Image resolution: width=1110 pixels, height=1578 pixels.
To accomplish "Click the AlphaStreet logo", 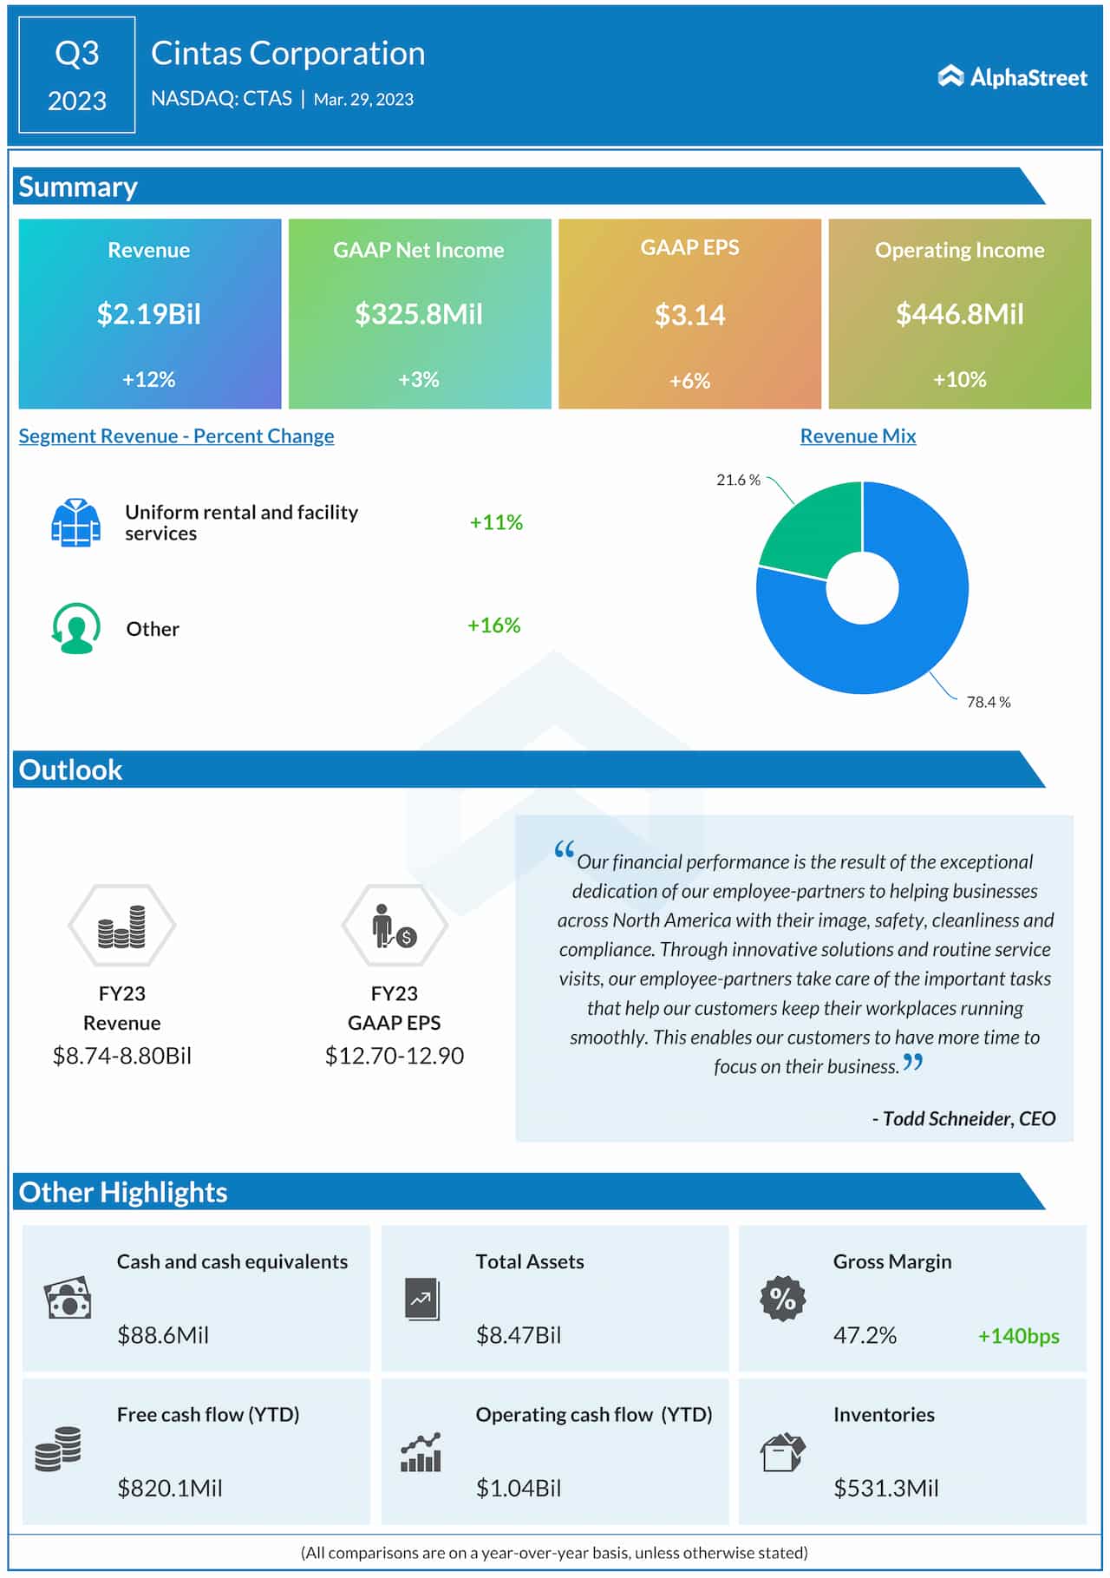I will (1012, 77).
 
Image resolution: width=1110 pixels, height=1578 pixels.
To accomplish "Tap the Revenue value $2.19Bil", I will (148, 314).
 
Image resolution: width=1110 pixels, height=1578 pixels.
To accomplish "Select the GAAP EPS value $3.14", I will (689, 315).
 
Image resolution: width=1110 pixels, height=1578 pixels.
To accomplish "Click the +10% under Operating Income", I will (959, 379).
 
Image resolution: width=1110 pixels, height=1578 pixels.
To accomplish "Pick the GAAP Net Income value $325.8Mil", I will (419, 314).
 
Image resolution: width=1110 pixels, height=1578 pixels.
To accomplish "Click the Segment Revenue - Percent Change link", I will (176, 435).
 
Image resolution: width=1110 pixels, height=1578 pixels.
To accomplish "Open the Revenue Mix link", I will (858, 435).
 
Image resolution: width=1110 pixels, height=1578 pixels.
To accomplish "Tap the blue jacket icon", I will (75, 522).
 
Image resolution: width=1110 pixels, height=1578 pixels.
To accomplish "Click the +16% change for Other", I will (493, 625).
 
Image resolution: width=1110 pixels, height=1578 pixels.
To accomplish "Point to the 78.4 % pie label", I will (988, 702).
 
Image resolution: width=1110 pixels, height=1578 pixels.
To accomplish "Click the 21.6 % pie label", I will (738, 480).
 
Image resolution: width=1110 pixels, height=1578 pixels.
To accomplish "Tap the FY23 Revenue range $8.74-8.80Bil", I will (122, 1056).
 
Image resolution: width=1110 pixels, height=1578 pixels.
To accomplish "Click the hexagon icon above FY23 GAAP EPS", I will (395, 926).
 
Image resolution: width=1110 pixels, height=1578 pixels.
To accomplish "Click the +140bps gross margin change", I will (1018, 1336).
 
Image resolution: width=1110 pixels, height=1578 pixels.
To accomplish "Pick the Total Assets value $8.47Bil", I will (519, 1335).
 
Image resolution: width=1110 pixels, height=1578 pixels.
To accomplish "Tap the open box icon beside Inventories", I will (782, 1452).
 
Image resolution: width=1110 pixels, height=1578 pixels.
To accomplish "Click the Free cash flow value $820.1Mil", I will (170, 1489).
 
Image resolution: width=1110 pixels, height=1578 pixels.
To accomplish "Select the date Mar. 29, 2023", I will (363, 100).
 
